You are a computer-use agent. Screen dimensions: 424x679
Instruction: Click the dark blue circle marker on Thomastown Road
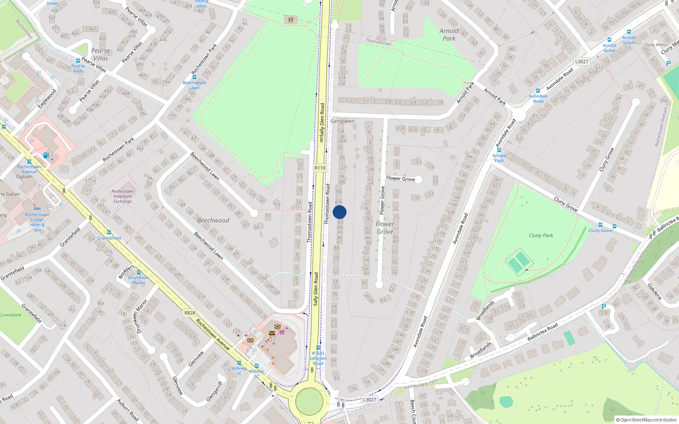click(x=339, y=212)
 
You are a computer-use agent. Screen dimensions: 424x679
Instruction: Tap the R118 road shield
click(x=320, y=168)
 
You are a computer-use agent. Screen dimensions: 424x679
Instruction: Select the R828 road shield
click(x=190, y=313)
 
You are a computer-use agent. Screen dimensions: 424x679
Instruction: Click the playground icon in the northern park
click(x=291, y=20)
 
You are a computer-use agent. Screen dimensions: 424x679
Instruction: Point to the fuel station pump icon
click(x=46, y=155)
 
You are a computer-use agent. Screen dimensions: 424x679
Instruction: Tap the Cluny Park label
click(x=541, y=235)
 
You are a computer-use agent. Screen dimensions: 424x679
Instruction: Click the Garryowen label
click(x=342, y=121)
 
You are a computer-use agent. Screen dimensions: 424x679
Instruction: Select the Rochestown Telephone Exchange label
click(x=123, y=196)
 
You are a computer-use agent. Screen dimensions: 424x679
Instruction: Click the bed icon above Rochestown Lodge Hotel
click(x=37, y=209)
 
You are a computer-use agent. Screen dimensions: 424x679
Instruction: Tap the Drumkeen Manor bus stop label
click(x=138, y=280)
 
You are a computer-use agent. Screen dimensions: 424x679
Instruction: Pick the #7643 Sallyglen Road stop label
click(x=318, y=358)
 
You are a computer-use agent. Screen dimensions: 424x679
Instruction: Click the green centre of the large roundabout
click(x=309, y=401)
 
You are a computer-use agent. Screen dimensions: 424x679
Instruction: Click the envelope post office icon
click(x=272, y=333)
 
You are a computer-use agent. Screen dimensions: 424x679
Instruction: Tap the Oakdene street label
click(x=654, y=291)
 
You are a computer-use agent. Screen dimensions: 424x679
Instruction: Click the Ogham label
click(x=24, y=176)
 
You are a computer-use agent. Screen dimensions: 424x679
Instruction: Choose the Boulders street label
click(x=126, y=272)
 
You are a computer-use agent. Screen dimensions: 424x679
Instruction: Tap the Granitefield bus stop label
click(x=109, y=238)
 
